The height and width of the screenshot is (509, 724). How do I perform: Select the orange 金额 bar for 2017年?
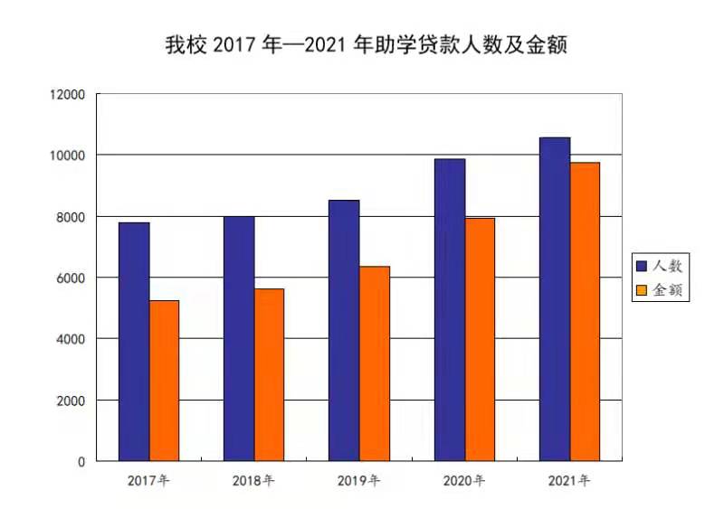[x=164, y=380]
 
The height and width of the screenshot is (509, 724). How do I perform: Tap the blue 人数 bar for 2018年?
[x=239, y=338]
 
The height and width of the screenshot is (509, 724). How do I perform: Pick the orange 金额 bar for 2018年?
[x=269, y=374]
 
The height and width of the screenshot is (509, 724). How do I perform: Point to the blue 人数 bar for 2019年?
[x=344, y=330]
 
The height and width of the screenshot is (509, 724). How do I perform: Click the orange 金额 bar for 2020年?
[x=480, y=339]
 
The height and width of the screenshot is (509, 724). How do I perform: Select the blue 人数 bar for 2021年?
[x=555, y=298]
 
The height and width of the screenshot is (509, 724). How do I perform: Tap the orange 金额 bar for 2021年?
[x=585, y=311]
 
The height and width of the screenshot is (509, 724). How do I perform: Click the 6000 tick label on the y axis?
[x=69, y=278]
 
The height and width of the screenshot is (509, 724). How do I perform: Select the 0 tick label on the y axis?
[x=81, y=461]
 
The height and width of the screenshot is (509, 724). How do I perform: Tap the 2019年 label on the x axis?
[x=359, y=480]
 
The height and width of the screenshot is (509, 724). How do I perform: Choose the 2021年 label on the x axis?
[x=569, y=480]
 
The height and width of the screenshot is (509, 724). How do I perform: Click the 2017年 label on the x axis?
[x=148, y=480]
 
